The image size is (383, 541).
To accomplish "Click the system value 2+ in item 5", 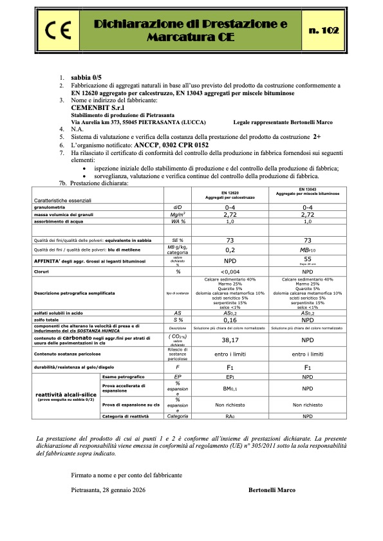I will click(317, 137).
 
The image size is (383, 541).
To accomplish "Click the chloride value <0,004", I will click(230, 271).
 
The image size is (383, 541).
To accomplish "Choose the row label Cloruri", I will click(44, 271).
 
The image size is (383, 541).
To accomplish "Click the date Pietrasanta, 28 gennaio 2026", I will click(108, 490).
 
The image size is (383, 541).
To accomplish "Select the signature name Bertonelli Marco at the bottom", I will click(272, 490).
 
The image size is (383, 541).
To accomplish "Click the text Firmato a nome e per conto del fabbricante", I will click(127, 475).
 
